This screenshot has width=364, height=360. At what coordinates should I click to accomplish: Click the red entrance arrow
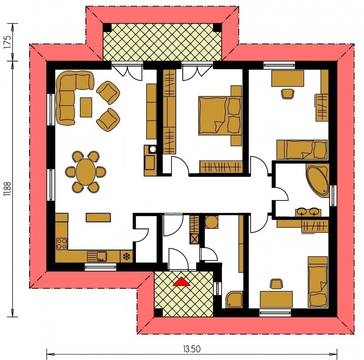coord(182,282)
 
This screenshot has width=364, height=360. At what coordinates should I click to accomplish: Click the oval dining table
coord(85,172)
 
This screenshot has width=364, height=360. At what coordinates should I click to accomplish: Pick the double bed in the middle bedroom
coord(220,116)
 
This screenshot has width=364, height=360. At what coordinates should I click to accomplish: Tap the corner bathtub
coord(318,180)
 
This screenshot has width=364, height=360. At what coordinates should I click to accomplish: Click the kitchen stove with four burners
coord(62,243)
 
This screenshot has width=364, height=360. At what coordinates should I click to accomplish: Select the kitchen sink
coord(96,255)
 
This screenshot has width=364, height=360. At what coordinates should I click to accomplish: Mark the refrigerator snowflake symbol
coord(127,256)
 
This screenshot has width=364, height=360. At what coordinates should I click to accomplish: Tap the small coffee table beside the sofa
coord(86,108)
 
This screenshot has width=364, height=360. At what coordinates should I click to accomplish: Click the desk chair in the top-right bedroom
coord(287,94)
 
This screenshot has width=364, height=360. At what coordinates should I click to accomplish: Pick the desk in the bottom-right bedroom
coord(276,299)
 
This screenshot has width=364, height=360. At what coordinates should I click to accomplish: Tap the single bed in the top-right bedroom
coord(302,150)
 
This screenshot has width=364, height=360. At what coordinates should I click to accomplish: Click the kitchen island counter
coord(98,217)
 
